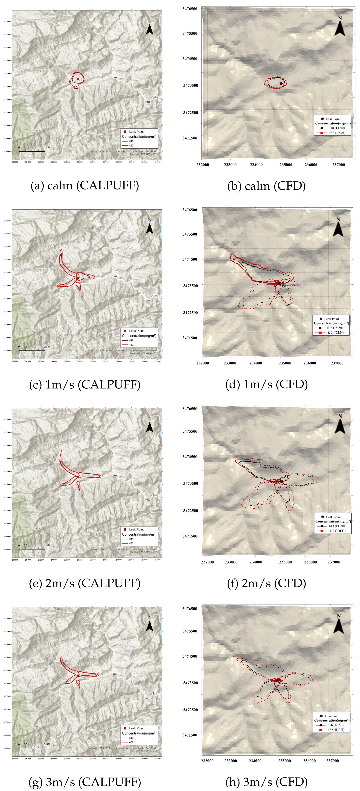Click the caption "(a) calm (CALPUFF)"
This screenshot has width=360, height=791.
tap(85, 185)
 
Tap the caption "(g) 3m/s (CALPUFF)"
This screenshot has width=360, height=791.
tap(85, 782)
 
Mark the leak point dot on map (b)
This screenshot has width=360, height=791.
tap(281, 83)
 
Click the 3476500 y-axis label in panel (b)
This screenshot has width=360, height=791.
tap(190, 9)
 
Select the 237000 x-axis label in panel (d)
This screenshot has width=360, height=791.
tap(337, 363)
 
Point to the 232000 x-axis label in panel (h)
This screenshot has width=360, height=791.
tap(207, 761)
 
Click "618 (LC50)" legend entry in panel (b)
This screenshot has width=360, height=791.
tap(336, 128)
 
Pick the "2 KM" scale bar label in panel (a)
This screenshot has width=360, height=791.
tap(47, 148)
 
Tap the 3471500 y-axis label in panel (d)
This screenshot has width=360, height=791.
tap(190, 338)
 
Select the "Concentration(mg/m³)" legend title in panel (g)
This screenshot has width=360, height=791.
tap(139, 733)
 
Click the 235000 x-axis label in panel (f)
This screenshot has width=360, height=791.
tap(285, 562)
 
